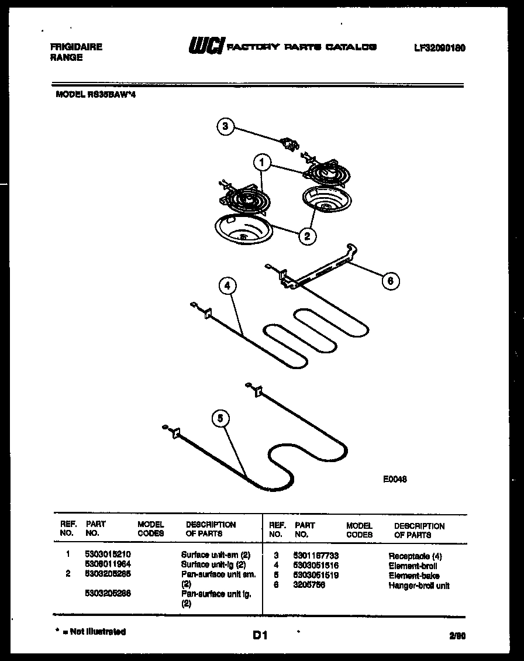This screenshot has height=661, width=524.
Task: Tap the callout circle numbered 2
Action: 306,236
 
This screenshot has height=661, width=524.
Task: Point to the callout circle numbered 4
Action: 227,287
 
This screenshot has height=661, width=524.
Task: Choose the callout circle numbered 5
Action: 219,418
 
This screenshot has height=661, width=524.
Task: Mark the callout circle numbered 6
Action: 391,281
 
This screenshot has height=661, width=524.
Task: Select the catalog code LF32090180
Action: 439,48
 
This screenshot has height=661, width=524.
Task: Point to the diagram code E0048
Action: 395,478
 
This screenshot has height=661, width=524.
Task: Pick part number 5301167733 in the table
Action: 316,555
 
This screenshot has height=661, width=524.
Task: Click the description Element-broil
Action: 412,566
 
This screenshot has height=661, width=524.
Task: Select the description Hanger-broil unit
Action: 419,585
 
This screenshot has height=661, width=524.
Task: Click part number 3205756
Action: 309,585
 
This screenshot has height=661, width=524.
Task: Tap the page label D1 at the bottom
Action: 260,635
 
